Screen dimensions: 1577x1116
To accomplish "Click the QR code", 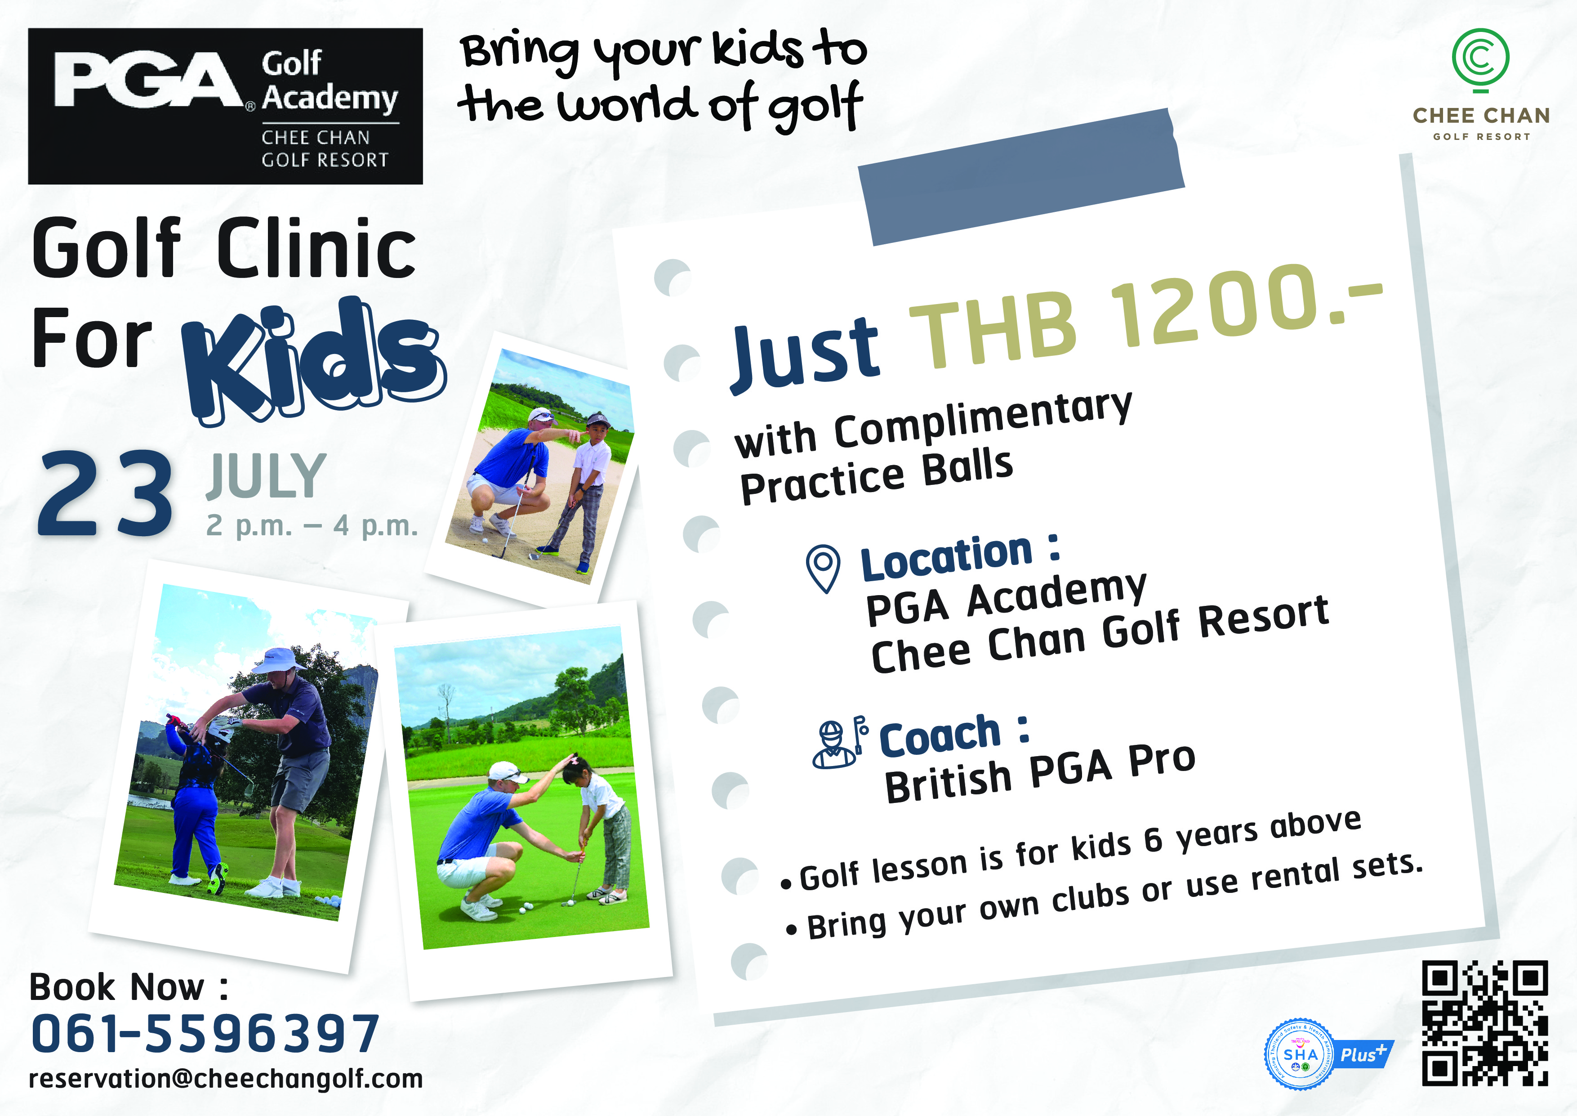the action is [x=1484, y=1024].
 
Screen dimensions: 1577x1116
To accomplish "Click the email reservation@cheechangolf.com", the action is [x=225, y=1079].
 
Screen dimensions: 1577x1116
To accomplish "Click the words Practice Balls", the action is [x=877, y=476].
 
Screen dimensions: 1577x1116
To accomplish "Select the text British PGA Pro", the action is [x=1040, y=773].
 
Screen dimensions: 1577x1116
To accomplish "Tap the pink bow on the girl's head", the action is [x=571, y=761].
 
